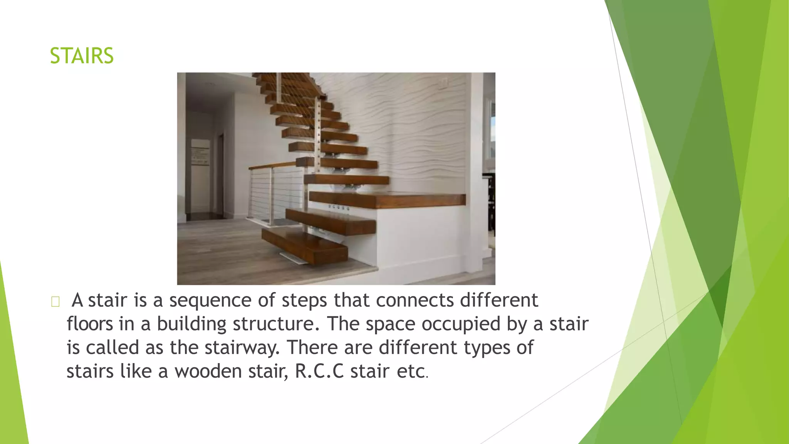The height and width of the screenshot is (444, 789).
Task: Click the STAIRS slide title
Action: (x=82, y=56)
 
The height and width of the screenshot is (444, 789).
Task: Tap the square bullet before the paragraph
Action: (x=55, y=302)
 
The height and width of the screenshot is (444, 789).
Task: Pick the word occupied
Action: (x=460, y=325)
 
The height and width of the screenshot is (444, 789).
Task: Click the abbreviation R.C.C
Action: (x=319, y=372)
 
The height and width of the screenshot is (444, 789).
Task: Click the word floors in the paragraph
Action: (x=89, y=324)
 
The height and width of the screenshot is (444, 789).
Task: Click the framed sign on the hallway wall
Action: (x=200, y=152)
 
